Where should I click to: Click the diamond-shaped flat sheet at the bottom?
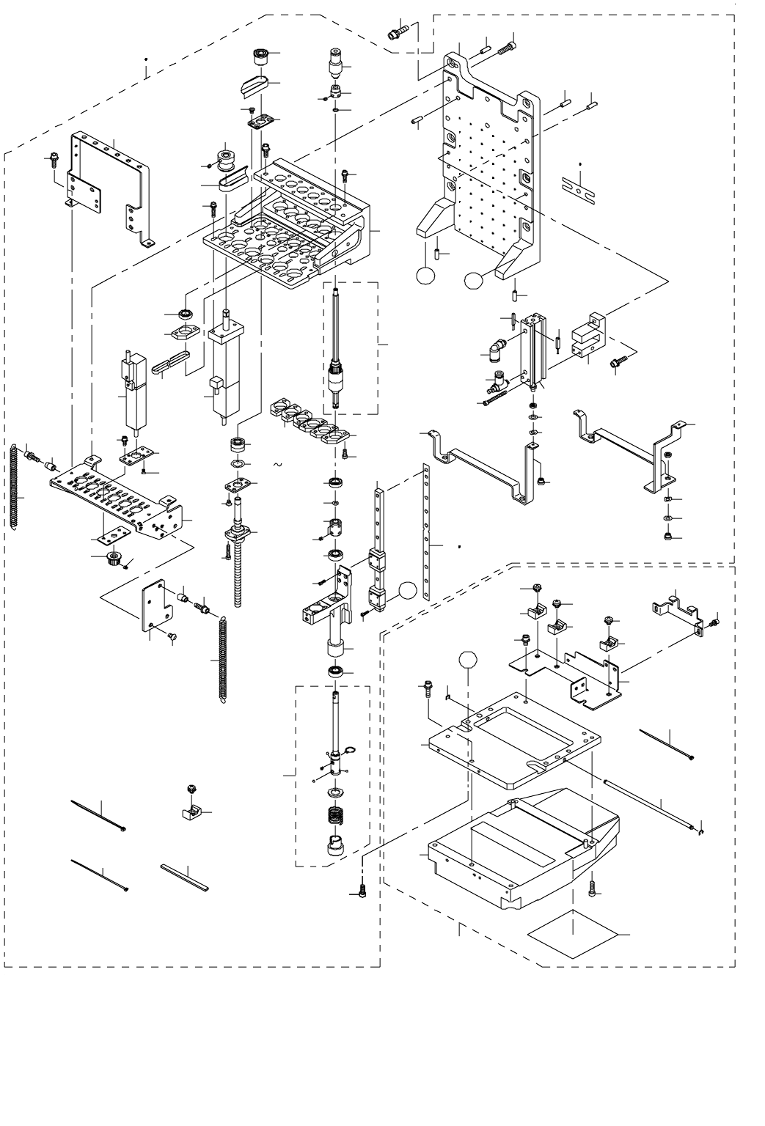click(x=572, y=935)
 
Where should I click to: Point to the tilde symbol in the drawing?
click(x=277, y=465)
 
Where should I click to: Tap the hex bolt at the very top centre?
click(x=397, y=31)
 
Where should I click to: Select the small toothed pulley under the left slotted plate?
click(x=113, y=562)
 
